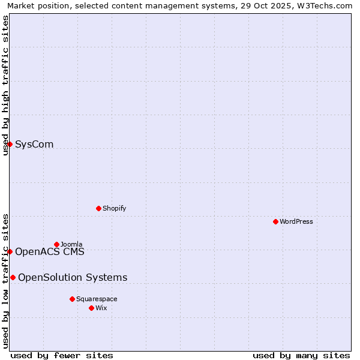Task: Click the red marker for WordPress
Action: pyautogui.click(x=275, y=221)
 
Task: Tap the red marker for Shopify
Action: pyautogui.click(x=98, y=208)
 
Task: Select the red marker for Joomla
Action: pyautogui.click(x=57, y=244)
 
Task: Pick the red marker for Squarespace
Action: pyautogui.click(x=72, y=299)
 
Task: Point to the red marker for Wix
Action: pyautogui.click(x=91, y=308)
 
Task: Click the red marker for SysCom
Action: pyautogui.click(x=10, y=144)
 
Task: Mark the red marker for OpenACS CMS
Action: pyautogui.click(x=10, y=251)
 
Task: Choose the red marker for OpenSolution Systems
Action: pyautogui.click(x=13, y=277)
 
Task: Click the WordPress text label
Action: pyautogui.click(x=296, y=221)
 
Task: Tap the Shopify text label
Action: pyautogui.click(x=114, y=208)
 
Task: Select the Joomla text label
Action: pyautogui.click(x=71, y=244)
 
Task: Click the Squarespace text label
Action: pyautogui.click(x=97, y=299)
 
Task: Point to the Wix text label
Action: pyautogui.click(x=101, y=308)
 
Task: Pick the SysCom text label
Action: pyautogui.click(x=34, y=144)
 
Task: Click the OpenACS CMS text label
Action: pyautogui.click(x=50, y=251)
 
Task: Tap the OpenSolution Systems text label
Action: pyautogui.click(x=73, y=277)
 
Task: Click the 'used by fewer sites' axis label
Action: pyautogui.click(x=62, y=355)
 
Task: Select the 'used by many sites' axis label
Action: pyautogui.click(x=301, y=355)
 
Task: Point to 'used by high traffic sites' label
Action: pyautogui.click(x=5, y=85)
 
